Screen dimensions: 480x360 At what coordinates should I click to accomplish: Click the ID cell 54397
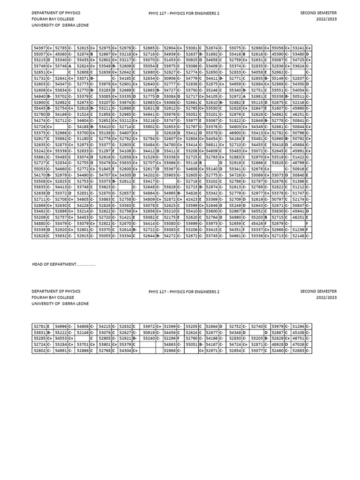point(39,48)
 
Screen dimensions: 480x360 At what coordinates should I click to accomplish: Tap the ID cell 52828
point(39,236)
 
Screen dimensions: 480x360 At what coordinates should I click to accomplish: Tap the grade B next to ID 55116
point(200,163)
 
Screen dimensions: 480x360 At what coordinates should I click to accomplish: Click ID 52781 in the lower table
point(39,326)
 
